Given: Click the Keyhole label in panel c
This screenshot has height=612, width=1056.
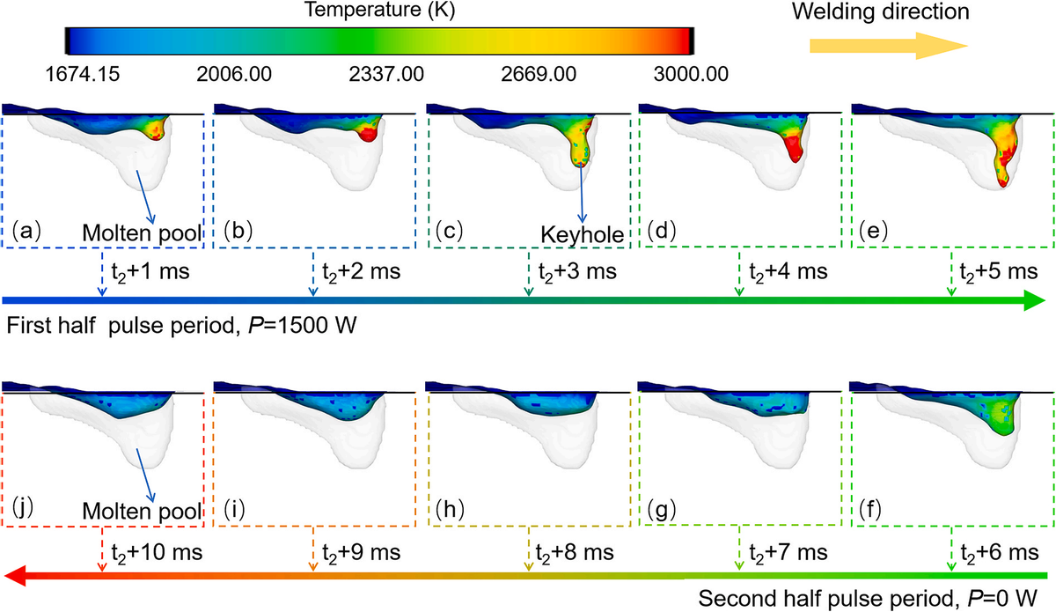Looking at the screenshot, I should pyautogui.click(x=582, y=235).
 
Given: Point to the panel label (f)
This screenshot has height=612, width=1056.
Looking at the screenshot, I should pyautogui.click(x=873, y=510).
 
